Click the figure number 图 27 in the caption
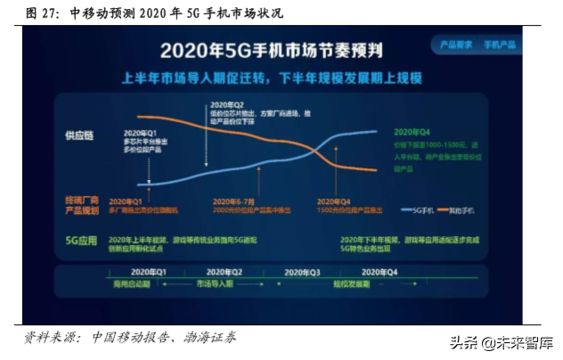42,13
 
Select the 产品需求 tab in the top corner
453,44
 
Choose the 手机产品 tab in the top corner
501,44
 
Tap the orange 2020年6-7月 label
236,201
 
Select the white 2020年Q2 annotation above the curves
226,104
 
